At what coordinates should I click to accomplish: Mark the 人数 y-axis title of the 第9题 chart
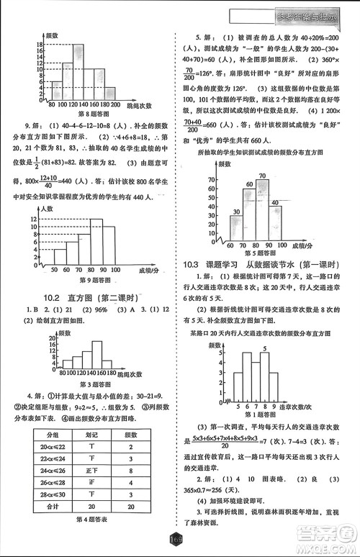[48, 208]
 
